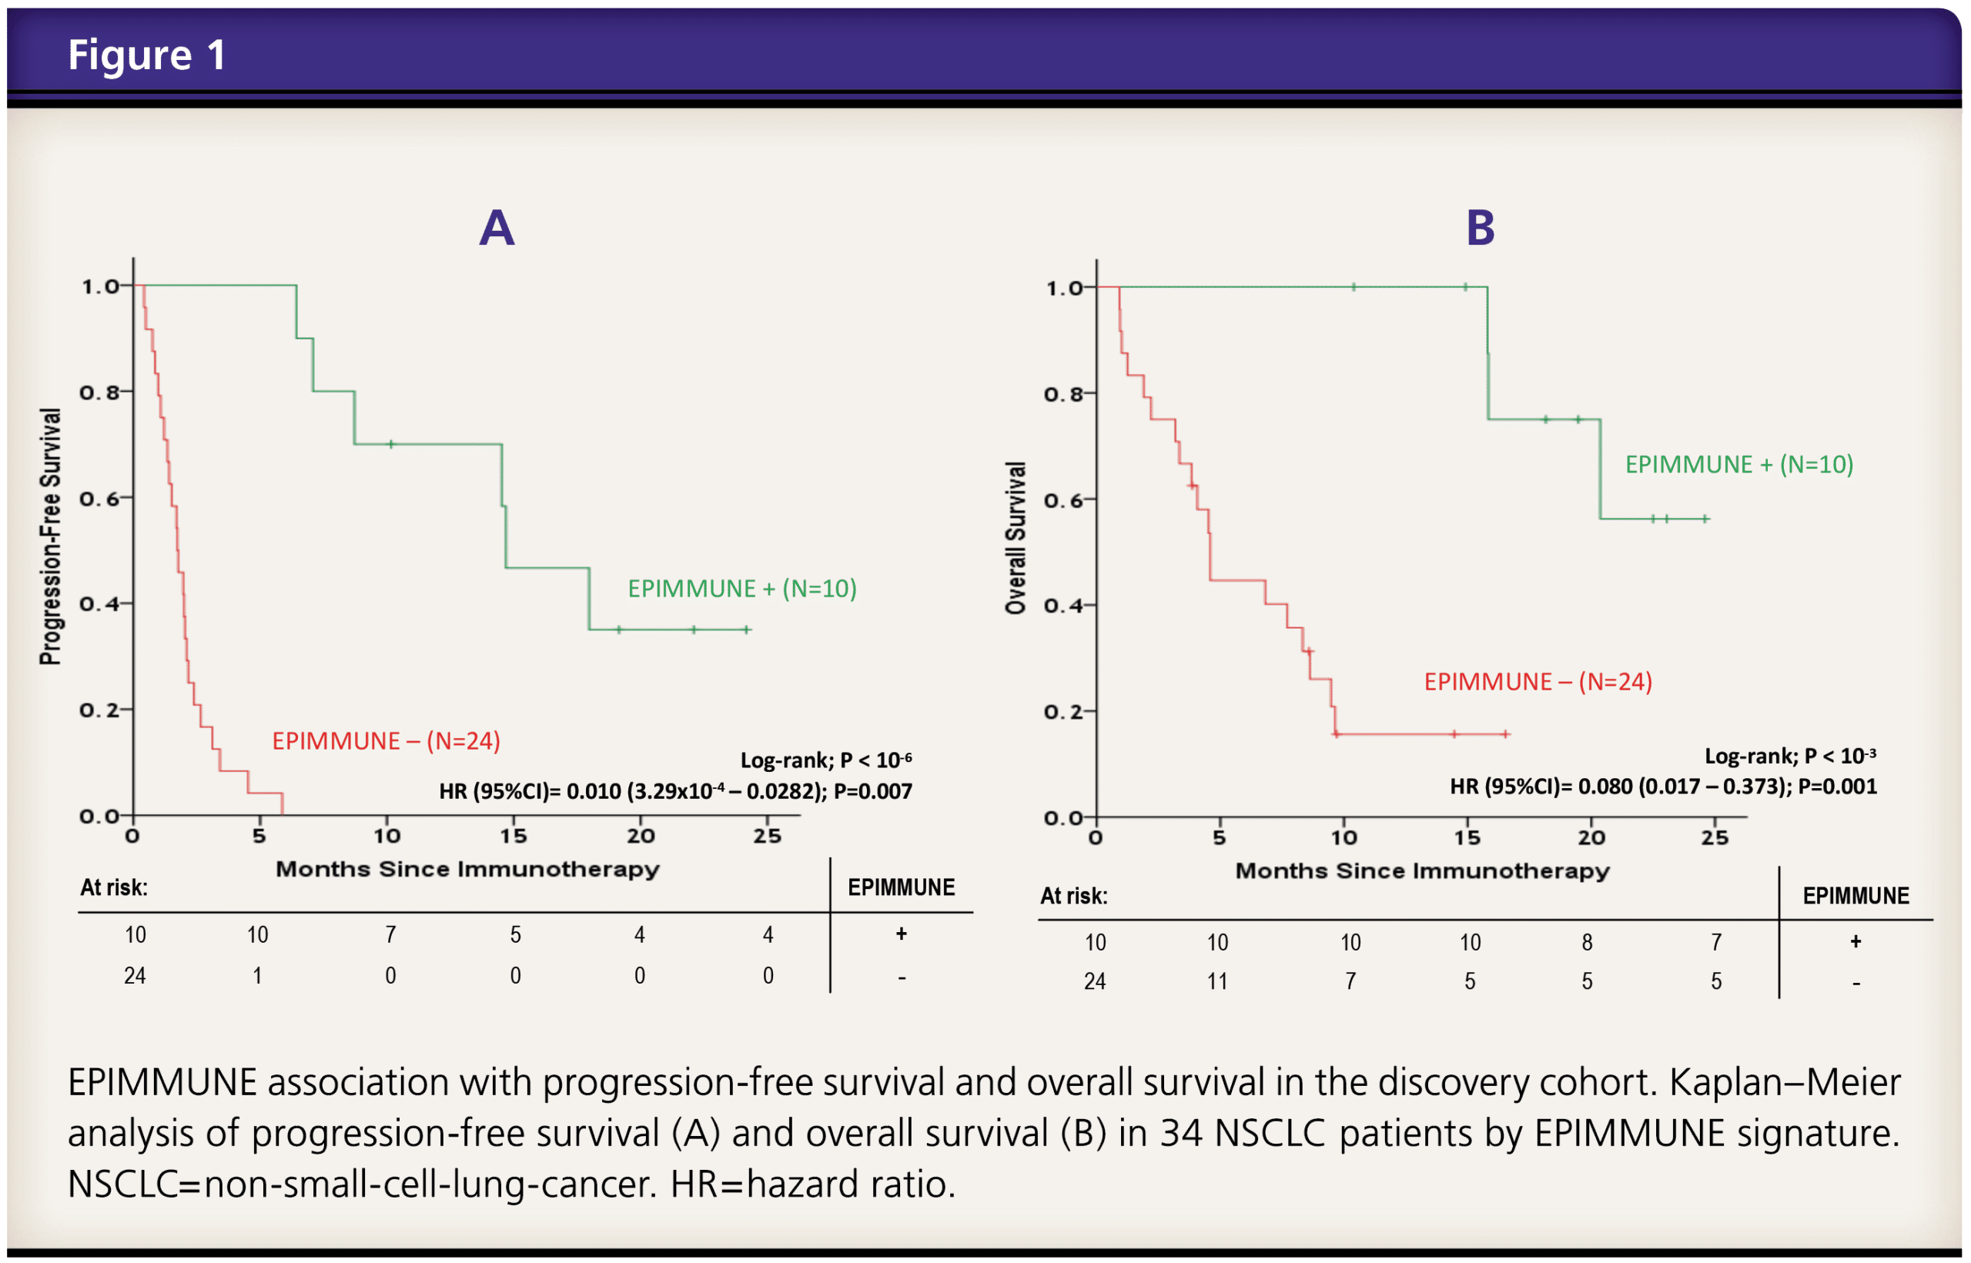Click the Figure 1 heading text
coord(146,55)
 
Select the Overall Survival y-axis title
coord(1016,537)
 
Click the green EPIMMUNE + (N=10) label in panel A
coord(741,588)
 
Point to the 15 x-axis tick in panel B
coord(1467,837)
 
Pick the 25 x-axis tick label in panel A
coord(767,836)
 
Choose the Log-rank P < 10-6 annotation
coord(825,760)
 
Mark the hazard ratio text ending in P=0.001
coord(1662,787)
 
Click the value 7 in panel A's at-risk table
coord(390,934)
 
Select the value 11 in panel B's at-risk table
coord(1217,981)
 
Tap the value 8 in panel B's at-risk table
coord(1587,942)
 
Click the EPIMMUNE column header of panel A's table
coord(901,887)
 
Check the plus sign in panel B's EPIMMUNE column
coord(1856,941)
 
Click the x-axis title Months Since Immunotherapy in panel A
coord(467,870)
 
